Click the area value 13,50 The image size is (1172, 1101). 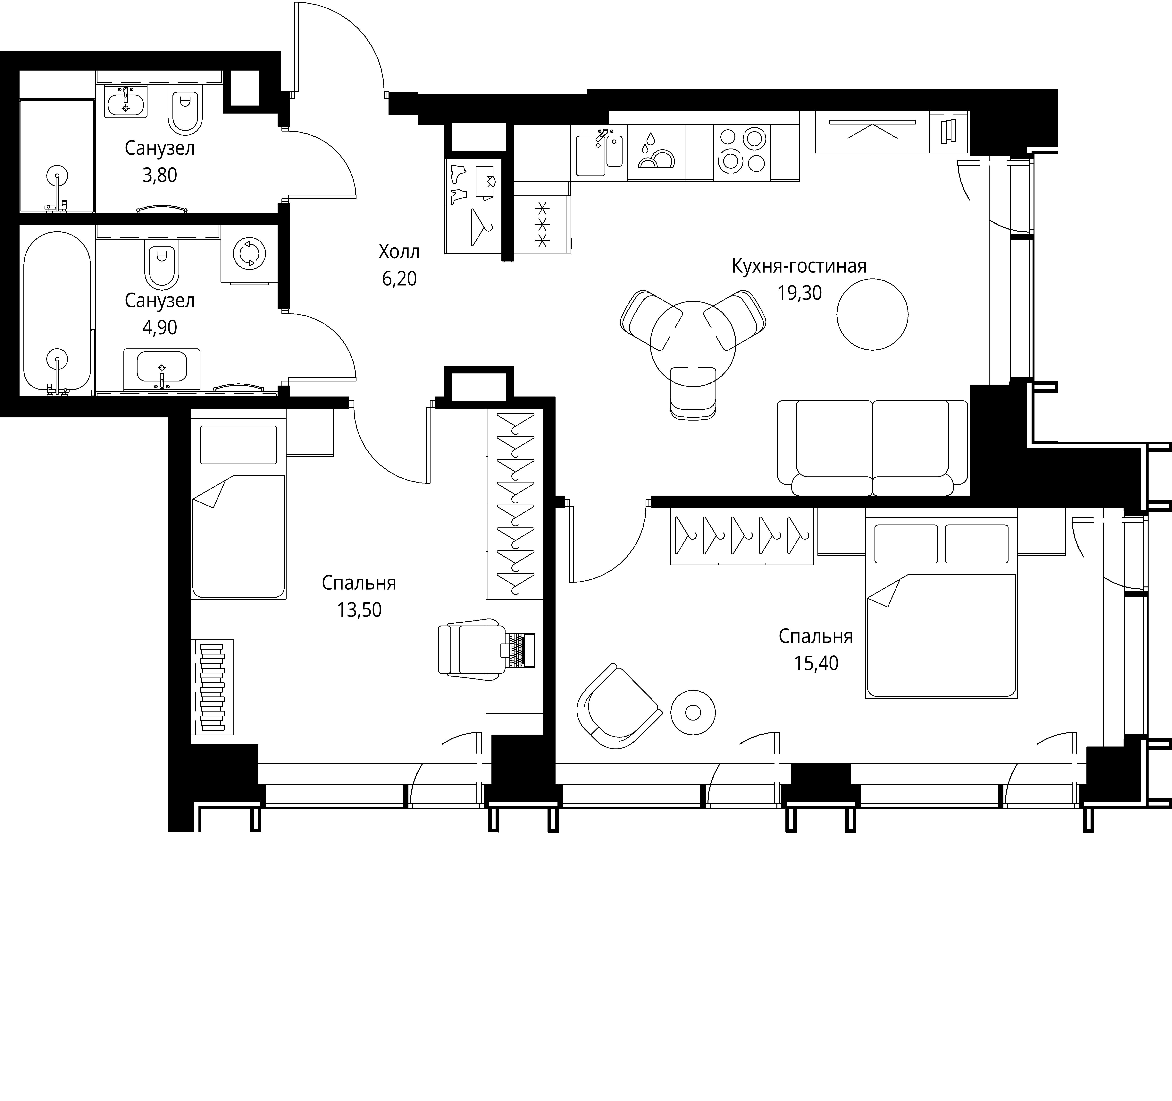pos(359,610)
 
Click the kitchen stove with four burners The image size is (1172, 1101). pos(742,152)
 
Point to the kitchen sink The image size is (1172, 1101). pos(599,152)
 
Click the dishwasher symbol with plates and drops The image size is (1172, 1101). pos(656,152)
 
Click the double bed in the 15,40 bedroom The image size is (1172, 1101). pos(941,607)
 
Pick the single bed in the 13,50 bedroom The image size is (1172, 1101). pos(239,505)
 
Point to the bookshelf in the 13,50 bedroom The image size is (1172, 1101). pos(212,687)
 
